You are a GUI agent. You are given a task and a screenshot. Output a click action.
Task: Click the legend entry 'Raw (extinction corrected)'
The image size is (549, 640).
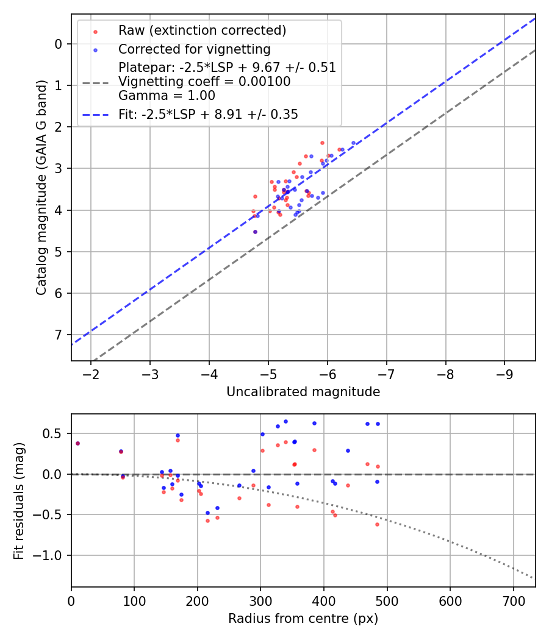coord(202,30)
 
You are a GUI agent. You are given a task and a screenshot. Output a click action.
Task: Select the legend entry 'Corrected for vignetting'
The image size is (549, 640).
coord(194,49)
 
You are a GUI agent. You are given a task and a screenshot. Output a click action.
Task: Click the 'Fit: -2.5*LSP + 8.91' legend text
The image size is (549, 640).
coord(207,114)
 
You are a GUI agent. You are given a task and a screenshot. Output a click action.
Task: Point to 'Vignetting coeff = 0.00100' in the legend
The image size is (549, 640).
coord(204,82)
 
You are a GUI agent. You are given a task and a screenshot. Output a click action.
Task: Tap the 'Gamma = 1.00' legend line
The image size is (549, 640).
coord(167,96)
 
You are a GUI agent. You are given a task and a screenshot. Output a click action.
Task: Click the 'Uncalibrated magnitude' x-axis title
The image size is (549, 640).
coord(303,392)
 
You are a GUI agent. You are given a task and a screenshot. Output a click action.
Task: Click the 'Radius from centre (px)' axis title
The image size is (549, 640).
coord(303,619)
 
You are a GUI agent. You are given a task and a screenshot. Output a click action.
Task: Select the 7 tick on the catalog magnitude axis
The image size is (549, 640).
coord(59,335)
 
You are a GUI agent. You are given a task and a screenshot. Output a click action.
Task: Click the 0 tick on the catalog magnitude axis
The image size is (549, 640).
coord(59,43)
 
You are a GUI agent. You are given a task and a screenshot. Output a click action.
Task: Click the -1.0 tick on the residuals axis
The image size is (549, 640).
coord(51,555)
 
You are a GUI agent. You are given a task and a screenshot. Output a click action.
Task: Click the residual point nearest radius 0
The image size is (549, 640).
coord(77,443)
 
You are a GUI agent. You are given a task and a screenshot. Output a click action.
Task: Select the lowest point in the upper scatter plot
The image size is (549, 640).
coord(255,232)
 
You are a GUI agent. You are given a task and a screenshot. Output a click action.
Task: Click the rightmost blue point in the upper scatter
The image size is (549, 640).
coord(353,143)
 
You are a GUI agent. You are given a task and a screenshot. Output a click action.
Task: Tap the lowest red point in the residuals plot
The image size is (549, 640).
coord(377,524)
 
